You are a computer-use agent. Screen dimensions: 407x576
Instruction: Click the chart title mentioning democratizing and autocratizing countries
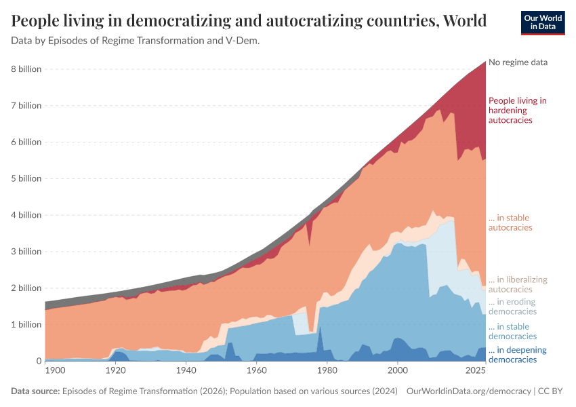[x=249, y=20]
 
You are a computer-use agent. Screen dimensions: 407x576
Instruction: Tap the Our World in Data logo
[x=542, y=22]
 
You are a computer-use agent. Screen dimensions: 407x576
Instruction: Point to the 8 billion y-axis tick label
[x=26, y=69]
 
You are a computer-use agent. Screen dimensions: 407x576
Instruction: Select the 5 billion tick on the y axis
[x=26, y=178]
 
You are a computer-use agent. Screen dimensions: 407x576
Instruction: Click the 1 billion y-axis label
[x=26, y=324]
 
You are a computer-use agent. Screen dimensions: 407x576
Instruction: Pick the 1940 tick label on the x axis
[x=186, y=371]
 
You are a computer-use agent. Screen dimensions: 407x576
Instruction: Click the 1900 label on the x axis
[x=55, y=371]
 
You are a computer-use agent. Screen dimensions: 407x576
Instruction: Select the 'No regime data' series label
[x=518, y=62]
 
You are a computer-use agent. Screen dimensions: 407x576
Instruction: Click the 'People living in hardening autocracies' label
[x=517, y=110]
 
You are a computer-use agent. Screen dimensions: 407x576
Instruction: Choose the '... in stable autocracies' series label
[x=510, y=222]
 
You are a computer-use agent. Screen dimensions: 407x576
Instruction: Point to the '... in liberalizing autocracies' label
[x=518, y=284]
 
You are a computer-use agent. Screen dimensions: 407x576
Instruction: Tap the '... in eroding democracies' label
[x=512, y=307]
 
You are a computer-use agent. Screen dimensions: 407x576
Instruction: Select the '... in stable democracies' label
[x=512, y=331]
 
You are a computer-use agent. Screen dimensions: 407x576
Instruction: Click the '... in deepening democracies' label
[x=513, y=355]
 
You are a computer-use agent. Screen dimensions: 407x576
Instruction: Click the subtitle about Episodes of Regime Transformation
[x=136, y=41]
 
